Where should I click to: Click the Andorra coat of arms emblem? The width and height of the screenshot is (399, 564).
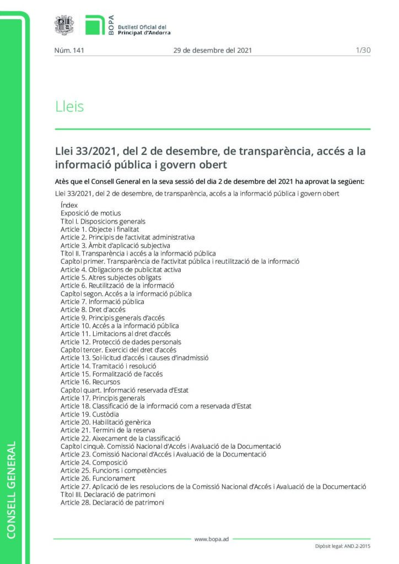[x=64, y=25]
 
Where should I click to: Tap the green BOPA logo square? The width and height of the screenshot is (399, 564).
[x=95, y=25]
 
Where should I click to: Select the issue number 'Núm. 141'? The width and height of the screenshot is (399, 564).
[x=68, y=50]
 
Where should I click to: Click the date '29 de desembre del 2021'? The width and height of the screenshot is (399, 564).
[x=212, y=50]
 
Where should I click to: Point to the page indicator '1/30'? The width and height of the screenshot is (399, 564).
[x=363, y=50]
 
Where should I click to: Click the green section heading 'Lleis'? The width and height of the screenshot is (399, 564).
[x=69, y=106]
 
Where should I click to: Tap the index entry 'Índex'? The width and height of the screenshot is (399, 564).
[x=69, y=205]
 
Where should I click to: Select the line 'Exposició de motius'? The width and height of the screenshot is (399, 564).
[x=90, y=213]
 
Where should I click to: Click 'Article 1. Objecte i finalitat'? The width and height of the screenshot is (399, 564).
[x=99, y=229]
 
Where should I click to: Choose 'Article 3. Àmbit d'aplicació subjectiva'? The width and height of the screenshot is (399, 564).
[x=115, y=245]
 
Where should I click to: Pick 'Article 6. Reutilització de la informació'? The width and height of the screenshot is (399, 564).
[x=117, y=285]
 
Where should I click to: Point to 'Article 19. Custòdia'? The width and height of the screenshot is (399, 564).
[x=89, y=414]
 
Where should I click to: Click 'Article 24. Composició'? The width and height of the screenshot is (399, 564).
[x=93, y=462]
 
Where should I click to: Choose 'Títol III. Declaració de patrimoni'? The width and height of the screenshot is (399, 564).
[x=108, y=495]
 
